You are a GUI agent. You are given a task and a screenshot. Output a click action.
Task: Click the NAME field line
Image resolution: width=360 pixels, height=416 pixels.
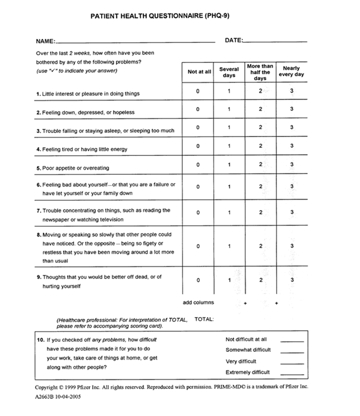[x=135, y=42]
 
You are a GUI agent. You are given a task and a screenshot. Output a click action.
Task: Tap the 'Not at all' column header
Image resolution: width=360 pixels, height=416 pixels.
[x=199, y=72]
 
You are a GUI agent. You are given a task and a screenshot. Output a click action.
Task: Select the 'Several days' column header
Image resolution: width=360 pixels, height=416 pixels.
[x=229, y=72]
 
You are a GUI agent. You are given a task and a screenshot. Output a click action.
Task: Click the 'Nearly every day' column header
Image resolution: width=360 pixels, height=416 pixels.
[x=291, y=72]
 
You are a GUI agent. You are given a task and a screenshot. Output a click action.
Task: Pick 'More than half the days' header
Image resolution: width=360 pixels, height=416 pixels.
[x=260, y=72]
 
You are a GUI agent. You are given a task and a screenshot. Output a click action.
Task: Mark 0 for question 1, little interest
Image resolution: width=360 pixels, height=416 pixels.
[x=198, y=91]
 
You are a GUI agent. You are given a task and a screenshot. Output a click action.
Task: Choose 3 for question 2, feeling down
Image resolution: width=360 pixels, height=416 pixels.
[x=291, y=109]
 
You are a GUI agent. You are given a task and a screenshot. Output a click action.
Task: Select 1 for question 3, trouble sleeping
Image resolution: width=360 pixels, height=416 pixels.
[x=229, y=127]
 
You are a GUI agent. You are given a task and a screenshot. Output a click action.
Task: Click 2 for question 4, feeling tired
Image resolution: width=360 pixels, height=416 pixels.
[x=260, y=146]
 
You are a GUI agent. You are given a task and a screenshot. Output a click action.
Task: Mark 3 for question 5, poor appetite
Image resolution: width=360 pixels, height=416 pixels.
[x=291, y=164]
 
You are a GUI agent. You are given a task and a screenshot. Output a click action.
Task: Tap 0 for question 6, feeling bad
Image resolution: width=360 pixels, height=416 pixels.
[x=198, y=187]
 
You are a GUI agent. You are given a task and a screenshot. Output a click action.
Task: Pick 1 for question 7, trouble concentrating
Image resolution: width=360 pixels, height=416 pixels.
[x=229, y=212]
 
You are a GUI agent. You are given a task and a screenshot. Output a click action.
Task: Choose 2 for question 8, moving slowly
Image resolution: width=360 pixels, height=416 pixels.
[x=260, y=246]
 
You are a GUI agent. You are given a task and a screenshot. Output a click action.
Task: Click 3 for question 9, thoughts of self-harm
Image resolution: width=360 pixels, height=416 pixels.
[x=291, y=280]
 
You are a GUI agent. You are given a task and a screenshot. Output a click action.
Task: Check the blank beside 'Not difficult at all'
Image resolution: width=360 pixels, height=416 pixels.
[x=292, y=340]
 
